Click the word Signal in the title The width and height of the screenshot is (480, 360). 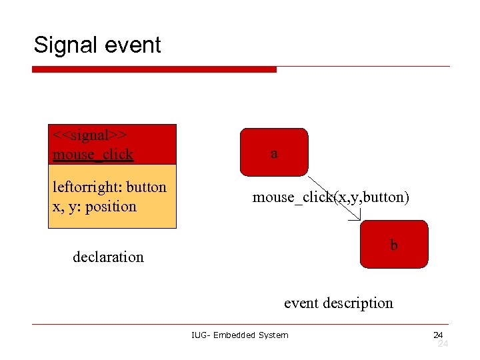click(x=65, y=45)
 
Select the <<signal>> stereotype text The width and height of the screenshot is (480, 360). click(x=91, y=135)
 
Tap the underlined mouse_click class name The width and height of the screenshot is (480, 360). click(x=93, y=155)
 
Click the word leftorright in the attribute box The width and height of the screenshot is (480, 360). click(x=86, y=187)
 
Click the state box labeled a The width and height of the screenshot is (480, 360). click(x=274, y=153)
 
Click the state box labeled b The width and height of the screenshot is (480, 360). click(x=393, y=244)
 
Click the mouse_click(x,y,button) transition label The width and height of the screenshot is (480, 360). click(x=331, y=197)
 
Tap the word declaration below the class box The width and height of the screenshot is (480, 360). click(x=108, y=257)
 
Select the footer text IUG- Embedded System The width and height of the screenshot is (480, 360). click(x=239, y=335)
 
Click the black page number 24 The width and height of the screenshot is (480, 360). click(x=437, y=335)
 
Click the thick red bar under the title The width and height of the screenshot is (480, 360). click(x=154, y=69)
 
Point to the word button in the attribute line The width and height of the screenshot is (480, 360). click(x=146, y=187)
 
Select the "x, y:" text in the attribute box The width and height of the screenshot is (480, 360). click(x=65, y=206)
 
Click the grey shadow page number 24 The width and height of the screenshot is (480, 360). click(x=443, y=343)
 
